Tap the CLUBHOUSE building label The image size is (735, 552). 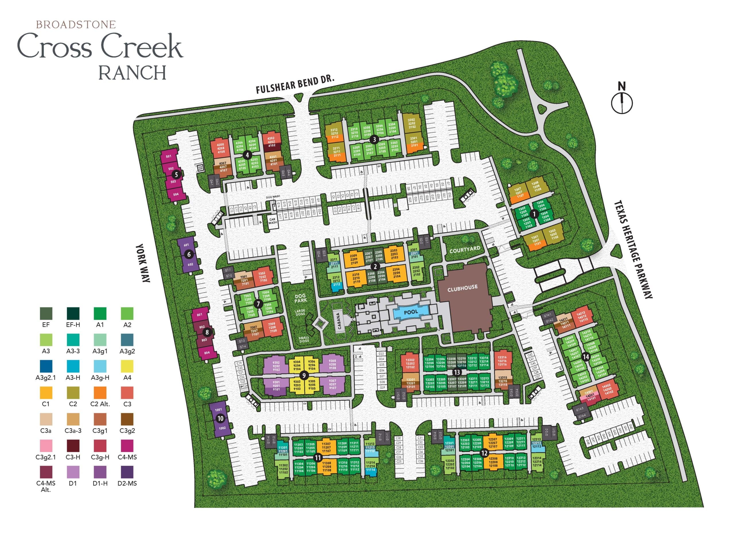click(462, 288)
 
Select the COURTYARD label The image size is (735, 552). click(465, 250)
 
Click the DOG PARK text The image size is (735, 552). click(300, 298)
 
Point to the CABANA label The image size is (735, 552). click(339, 321)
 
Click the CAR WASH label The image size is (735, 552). click(272, 221)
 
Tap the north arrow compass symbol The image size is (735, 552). click(622, 102)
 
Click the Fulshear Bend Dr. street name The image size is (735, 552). click(295, 84)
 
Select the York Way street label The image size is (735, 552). click(143, 263)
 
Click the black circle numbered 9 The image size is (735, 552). click(303, 375)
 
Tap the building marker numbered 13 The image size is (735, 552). click(457, 373)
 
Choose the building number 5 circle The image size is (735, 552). click(177, 174)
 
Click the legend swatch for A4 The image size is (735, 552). click(127, 366)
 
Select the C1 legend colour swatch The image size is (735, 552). click(46, 393)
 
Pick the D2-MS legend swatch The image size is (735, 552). click(127, 472)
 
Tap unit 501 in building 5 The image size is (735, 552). click(169, 156)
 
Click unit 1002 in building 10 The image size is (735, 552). click(222, 428)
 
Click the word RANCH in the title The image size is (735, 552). click(132, 72)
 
